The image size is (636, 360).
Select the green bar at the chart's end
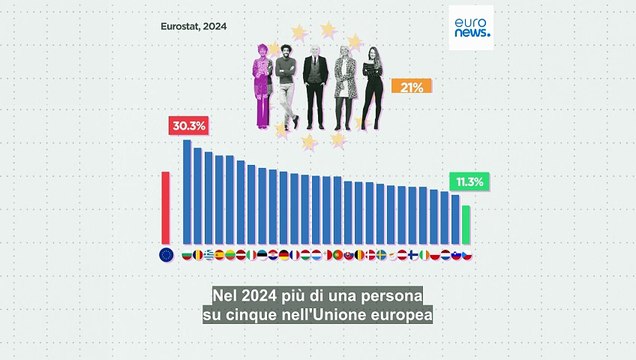pyautogui.click(x=466, y=224)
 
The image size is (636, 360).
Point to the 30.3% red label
pyautogui.click(x=188, y=126)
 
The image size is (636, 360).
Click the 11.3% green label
pyautogui.click(x=468, y=182)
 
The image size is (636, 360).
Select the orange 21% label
pyautogui.click(x=411, y=87)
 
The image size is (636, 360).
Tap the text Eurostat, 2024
pyautogui.click(x=194, y=27)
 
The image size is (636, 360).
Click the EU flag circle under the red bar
pyautogui.click(x=166, y=255)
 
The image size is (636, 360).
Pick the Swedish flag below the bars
pyautogui.click(x=380, y=255)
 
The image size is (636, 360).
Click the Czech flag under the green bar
pyautogui.click(x=466, y=255)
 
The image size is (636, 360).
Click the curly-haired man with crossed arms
pyautogui.click(x=286, y=88)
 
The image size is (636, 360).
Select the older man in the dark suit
pyautogui.click(x=316, y=88)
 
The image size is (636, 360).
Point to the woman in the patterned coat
pyautogui.click(x=346, y=88)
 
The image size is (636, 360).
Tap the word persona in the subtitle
pyautogui.click(x=391, y=298)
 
